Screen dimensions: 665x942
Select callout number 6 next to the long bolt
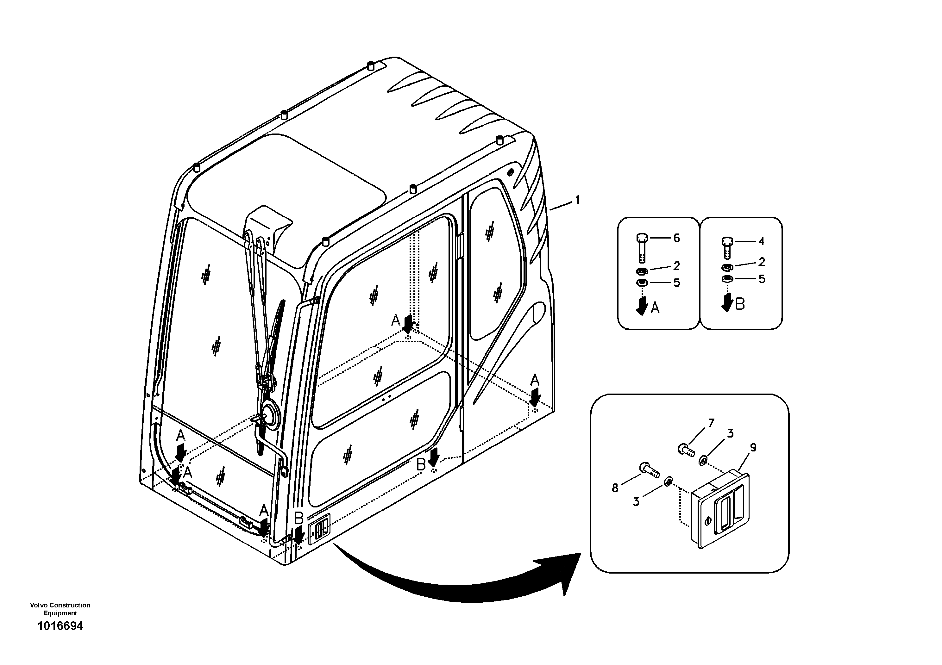coord(676,238)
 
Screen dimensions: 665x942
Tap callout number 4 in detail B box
coord(761,241)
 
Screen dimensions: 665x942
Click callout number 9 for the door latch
coord(753,448)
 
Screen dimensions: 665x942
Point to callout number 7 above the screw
coord(711,422)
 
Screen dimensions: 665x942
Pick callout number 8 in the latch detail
coord(615,488)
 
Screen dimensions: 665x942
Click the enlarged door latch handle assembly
coord(720,510)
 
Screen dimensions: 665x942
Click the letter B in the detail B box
coord(740,304)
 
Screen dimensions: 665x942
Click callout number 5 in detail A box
coord(676,283)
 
